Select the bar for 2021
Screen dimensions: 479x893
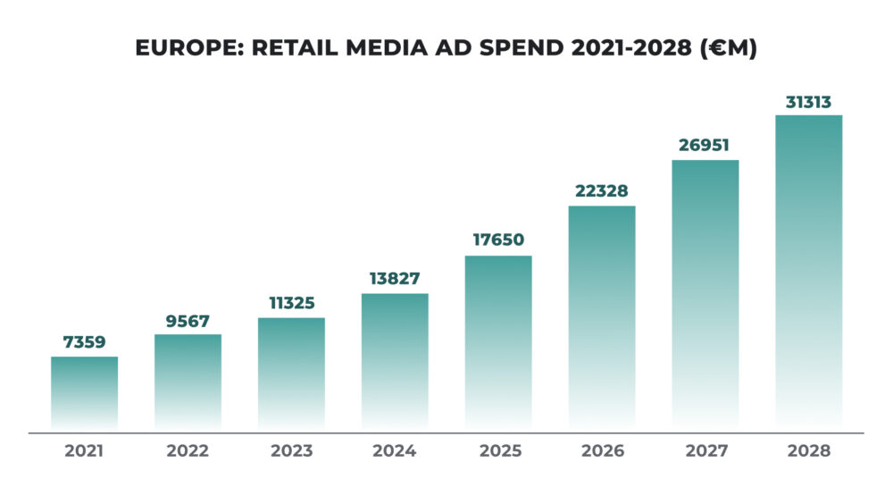(x=84, y=393)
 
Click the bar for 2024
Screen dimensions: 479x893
(x=395, y=362)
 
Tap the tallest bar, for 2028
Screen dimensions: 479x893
(x=808, y=273)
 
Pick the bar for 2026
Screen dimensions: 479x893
(x=602, y=317)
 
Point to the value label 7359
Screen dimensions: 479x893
(x=84, y=342)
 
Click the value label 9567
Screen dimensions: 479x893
(x=188, y=320)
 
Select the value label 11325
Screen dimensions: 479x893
(x=291, y=303)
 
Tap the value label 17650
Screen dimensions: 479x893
(x=498, y=240)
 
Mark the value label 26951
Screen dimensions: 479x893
(x=705, y=145)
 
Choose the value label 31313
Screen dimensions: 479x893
(x=808, y=100)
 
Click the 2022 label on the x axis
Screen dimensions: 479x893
(x=188, y=451)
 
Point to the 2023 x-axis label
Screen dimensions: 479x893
(x=291, y=451)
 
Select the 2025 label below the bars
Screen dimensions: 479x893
(x=498, y=451)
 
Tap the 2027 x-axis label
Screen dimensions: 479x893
(x=705, y=451)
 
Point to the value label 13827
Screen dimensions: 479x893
(x=395, y=279)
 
